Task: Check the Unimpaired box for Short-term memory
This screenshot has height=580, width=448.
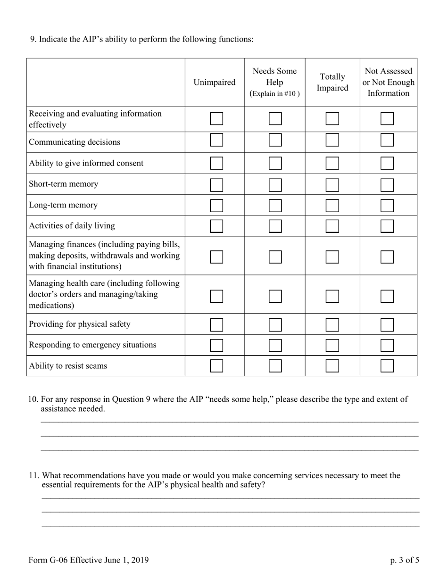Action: [x=216, y=185]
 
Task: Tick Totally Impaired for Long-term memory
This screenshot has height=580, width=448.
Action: [x=332, y=206]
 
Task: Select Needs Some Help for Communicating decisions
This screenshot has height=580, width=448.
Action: [x=275, y=140]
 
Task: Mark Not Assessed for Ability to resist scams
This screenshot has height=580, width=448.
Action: [x=387, y=366]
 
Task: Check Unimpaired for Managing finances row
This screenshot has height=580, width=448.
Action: [x=216, y=257]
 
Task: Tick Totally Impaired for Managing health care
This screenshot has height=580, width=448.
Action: [x=332, y=296]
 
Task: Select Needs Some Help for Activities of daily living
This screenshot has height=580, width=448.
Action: [x=275, y=226]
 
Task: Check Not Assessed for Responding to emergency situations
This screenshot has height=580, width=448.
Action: [x=387, y=346]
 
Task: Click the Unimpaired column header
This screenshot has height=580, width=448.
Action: [x=214, y=83]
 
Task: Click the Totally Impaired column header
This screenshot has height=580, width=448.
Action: [x=332, y=83]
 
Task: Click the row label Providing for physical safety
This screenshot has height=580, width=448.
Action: [x=79, y=324]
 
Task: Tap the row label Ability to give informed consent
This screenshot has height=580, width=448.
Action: [x=86, y=163]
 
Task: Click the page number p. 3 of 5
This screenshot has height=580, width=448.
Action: [x=404, y=560]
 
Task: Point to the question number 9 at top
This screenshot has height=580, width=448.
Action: [x=33, y=39]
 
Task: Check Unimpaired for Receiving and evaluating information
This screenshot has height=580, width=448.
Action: [x=216, y=118]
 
